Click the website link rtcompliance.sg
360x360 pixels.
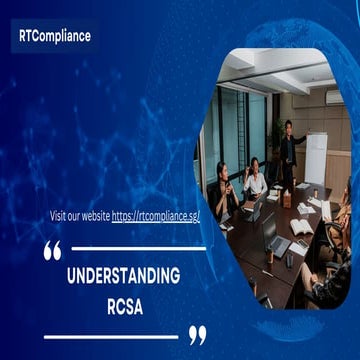point(156,215)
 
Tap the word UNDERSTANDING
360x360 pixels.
point(123,275)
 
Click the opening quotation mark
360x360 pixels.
point(53,251)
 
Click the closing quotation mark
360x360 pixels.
point(198,334)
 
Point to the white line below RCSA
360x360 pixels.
point(110,335)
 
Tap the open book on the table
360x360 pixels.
point(300,226)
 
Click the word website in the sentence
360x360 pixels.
point(92,215)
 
